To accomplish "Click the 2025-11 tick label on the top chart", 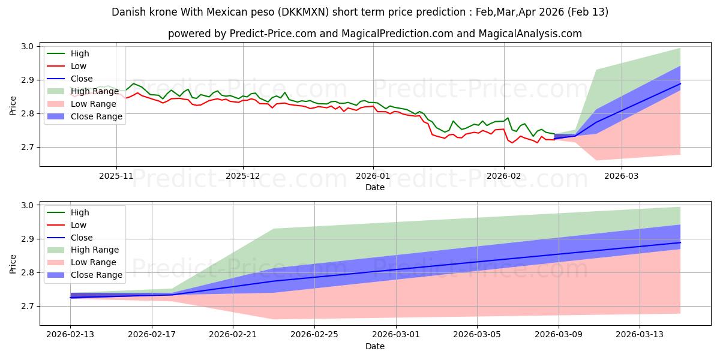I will pos(116,177).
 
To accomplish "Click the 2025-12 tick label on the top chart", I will pos(243,177).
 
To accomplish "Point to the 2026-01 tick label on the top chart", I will pos(373,177).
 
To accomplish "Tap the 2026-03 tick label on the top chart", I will pos(622,177).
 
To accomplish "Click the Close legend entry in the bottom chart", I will pos(82,238).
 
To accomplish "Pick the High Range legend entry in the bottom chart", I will pos(95,250).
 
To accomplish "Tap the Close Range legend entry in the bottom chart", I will pos(97,275).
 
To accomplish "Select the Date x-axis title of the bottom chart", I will pos(375,346).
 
